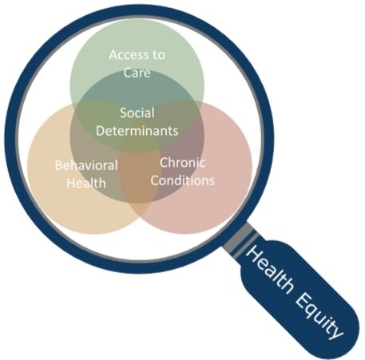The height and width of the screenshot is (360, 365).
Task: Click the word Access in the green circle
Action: click(x=127, y=55)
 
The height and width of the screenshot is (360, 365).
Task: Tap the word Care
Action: click(x=137, y=73)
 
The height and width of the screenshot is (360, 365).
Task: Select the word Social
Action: click(x=137, y=113)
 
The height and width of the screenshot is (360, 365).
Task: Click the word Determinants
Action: click(x=137, y=131)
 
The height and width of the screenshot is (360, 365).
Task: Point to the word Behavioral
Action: click(x=86, y=165)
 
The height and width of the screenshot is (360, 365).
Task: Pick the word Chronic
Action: click(x=182, y=163)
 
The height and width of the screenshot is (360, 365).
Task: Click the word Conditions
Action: click(x=183, y=180)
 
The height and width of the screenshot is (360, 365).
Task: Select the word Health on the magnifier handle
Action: click(x=269, y=269)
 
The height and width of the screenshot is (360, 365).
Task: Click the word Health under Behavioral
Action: click(x=86, y=184)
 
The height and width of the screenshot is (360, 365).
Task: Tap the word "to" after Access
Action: click(x=158, y=55)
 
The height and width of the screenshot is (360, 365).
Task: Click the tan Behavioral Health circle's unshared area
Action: click(x=58, y=202)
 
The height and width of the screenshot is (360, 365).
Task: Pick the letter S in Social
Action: click(x=123, y=113)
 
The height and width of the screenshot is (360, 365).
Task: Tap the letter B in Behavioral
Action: click(x=58, y=165)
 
